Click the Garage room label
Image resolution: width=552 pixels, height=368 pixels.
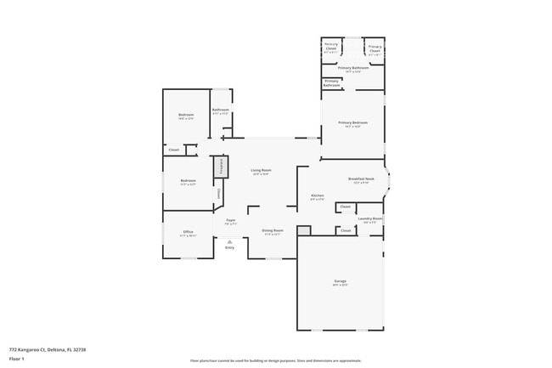340,281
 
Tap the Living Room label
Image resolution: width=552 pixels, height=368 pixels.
261,171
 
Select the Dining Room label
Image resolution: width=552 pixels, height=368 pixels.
272,231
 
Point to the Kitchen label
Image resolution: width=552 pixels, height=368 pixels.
317,195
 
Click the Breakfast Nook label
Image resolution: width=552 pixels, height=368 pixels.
361,178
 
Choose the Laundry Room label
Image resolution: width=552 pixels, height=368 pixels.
370,218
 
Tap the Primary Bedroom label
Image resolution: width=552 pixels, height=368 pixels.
352,123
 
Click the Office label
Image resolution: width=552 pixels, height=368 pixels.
189,232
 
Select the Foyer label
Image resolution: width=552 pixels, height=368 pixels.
230,221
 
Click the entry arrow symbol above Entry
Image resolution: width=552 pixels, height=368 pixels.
229,241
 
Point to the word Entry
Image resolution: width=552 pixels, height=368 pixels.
229,247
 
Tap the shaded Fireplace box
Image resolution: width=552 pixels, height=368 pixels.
221,166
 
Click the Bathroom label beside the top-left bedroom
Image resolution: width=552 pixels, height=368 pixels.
220,110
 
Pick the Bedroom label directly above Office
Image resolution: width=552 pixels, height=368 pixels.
188,180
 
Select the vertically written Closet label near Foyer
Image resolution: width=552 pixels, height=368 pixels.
219,195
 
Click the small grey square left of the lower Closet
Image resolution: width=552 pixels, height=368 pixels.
305,229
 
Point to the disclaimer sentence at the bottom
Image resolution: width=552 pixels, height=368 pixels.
276,360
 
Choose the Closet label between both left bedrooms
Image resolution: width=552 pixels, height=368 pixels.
173,150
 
